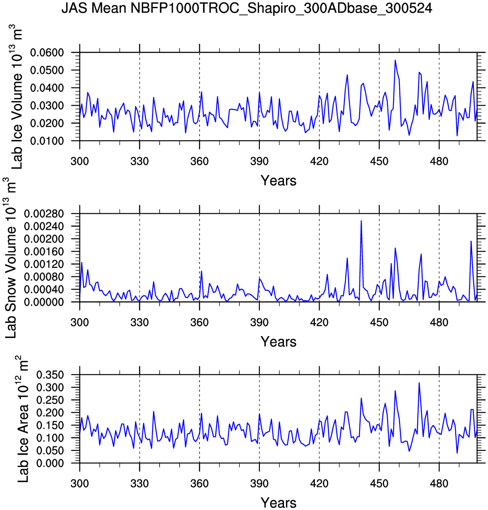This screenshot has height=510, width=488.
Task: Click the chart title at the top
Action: point(247,8)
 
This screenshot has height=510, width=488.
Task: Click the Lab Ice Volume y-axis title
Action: point(17,97)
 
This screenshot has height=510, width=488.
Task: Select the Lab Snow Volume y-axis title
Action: point(11,258)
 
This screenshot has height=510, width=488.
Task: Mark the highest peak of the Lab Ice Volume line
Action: point(395,60)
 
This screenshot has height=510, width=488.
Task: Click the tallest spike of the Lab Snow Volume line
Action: point(361,221)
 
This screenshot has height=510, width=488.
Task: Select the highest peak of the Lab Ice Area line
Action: point(419,382)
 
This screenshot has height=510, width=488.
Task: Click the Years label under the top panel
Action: point(278,181)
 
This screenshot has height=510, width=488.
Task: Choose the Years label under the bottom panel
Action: point(278,503)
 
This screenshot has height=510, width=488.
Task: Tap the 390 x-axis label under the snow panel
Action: point(259,322)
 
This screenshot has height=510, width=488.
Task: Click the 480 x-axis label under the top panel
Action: point(439,161)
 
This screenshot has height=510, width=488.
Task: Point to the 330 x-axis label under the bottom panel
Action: point(140,484)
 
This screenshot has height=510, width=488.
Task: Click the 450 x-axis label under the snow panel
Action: point(379,322)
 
